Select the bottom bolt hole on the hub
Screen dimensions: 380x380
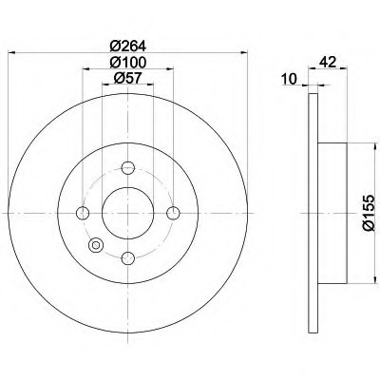pos(127,256)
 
